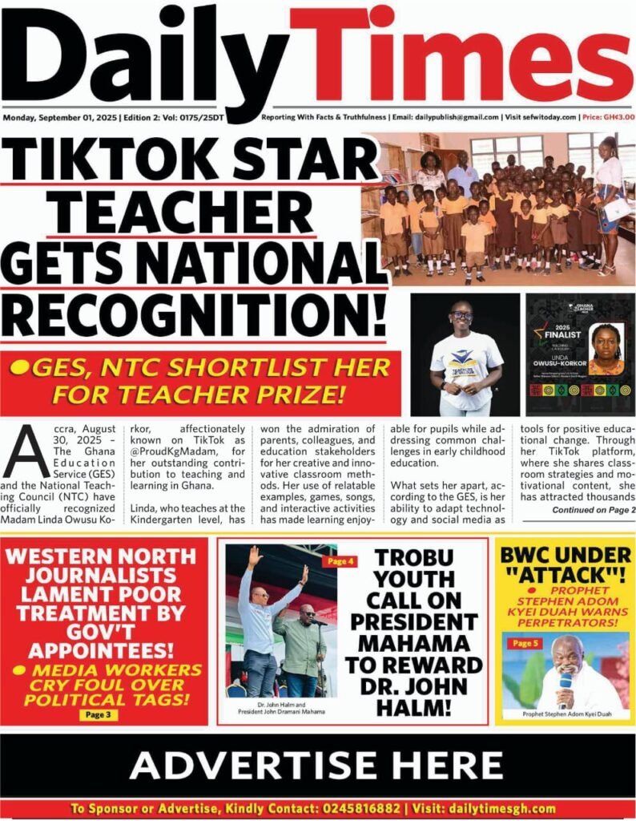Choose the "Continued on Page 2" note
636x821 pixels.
(594, 510)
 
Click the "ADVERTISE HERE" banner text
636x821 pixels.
(317, 765)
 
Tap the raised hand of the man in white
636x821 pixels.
(255, 556)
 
